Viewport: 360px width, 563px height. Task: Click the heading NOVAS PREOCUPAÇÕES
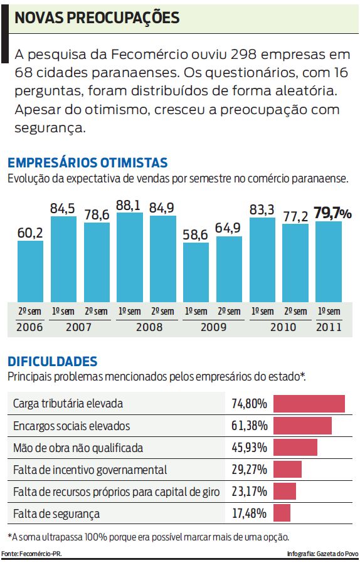click(97, 18)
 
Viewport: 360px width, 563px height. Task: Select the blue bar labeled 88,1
click(129, 257)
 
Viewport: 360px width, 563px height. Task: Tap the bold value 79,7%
click(332, 213)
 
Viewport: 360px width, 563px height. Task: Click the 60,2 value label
click(30, 233)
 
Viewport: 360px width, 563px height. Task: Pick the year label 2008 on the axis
click(146, 327)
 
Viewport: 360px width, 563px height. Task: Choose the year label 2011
click(329, 327)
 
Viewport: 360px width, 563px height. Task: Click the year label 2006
click(30, 327)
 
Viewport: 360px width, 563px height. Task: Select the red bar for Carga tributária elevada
click(309, 404)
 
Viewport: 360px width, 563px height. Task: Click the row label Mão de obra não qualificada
click(78, 448)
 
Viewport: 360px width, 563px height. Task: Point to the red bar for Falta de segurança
click(282, 513)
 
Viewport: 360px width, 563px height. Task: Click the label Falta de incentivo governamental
click(90, 470)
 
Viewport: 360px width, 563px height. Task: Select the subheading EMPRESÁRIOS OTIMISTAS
click(88, 163)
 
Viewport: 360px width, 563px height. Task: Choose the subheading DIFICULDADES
click(53, 361)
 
